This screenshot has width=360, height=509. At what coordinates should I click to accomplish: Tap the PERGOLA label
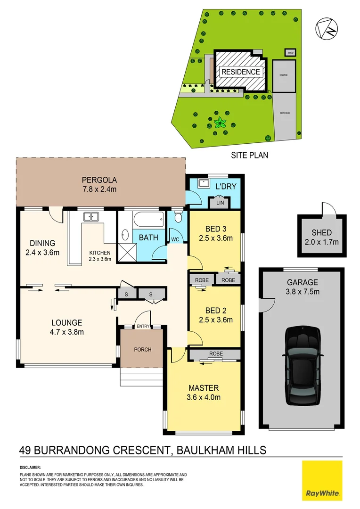pos(99,180)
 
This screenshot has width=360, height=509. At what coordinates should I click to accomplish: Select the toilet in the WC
pos(178,218)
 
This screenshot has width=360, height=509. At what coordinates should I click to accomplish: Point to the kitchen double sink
pos(91,217)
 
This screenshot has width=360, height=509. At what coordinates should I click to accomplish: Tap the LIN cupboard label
pos(220,203)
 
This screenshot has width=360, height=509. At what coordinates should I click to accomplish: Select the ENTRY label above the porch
pos(143,326)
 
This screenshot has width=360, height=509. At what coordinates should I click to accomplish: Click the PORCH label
pos(143,349)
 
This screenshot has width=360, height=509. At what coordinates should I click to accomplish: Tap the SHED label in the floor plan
pos(321,232)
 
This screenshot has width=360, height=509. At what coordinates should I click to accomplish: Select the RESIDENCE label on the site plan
pos(240,72)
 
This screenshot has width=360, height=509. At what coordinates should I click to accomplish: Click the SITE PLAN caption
pos(249,155)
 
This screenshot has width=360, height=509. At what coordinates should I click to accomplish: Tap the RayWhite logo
pos(322,480)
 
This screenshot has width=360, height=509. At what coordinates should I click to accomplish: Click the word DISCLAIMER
pos(30,467)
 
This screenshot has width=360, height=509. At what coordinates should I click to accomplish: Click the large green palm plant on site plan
pos(220,123)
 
